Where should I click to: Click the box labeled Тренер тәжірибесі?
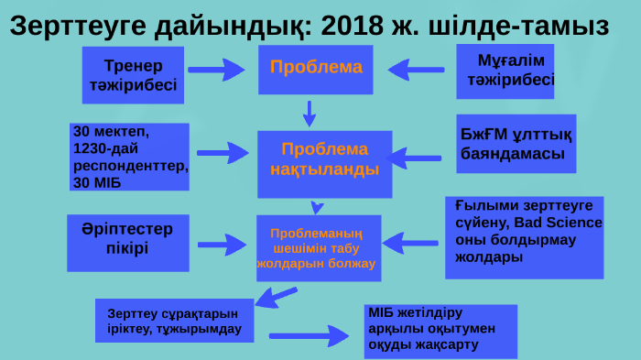(x=133, y=76)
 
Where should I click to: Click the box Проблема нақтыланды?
(x=324, y=163)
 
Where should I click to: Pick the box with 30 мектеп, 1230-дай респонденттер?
(x=129, y=157)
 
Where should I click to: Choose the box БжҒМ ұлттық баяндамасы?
(x=516, y=144)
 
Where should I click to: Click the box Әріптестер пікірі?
(x=127, y=243)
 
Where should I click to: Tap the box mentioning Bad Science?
(x=524, y=236)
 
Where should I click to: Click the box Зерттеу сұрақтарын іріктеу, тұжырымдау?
(x=174, y=319)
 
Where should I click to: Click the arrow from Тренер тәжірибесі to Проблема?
(x=218, y=68)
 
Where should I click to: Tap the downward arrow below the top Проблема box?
(x=310, y=113)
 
